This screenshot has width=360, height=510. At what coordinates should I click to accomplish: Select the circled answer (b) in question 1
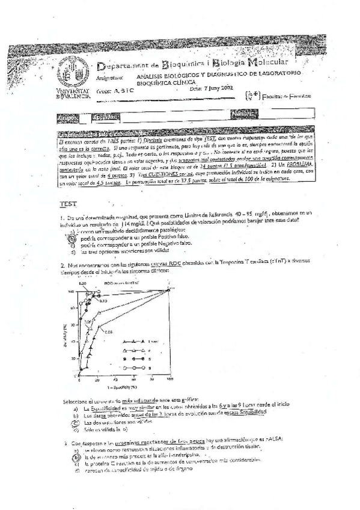click(72, 239)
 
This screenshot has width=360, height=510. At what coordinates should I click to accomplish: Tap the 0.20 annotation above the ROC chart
click(84, 282)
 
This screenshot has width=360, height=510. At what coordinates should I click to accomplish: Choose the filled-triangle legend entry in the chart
click(133, 341)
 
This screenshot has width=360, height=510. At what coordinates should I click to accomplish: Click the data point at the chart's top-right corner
click(169, 290)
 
